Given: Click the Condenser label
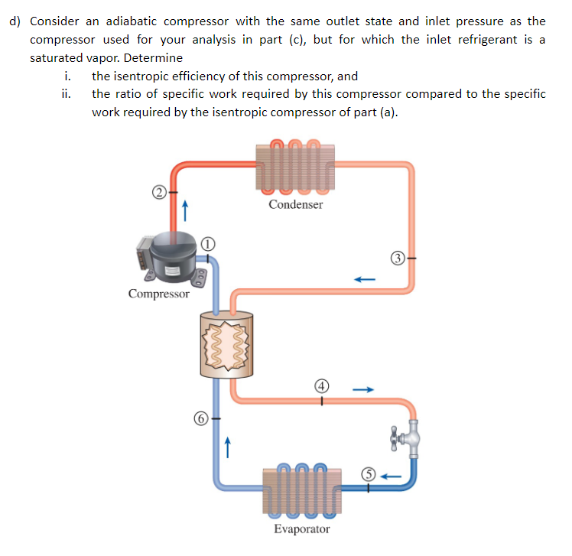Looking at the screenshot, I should tap(296, 204).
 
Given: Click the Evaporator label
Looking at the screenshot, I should tap(302, 529).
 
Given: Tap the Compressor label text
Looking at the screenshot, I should tap(159, 294).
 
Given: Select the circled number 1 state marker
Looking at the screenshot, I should tap(207, 244).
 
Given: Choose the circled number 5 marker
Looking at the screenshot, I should tap(367, 475).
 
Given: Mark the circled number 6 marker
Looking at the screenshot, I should tap(200, 418).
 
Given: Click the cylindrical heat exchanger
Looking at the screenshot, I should tap(226, 344).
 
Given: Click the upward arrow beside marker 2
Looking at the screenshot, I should tap(185, 207).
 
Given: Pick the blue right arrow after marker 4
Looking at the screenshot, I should tap(362, 389).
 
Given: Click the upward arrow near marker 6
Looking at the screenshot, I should tap(226, 444).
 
